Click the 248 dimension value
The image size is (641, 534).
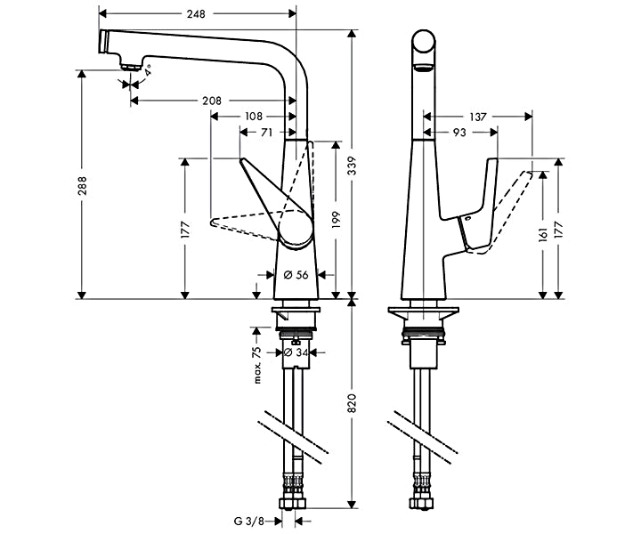click(197, 14)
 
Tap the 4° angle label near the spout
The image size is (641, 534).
click(149, 69)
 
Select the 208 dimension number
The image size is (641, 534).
click(212, 101)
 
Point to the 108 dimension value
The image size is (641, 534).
click(254, 117)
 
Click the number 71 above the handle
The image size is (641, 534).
click(267, 132)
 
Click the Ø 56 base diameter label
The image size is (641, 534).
click(296, 275)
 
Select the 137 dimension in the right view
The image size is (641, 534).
click(479, 117)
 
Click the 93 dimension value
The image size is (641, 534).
click(459, 132)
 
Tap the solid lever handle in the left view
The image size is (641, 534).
click(280, 205)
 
